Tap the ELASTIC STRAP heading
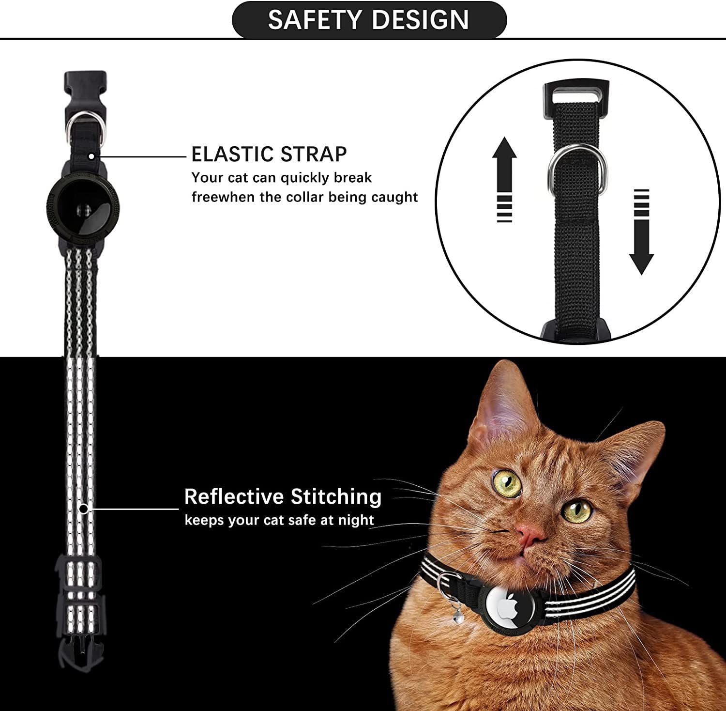(x=269, y=155)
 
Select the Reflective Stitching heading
(x=283, y=497)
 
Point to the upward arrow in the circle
(x=504, y=179)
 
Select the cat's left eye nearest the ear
(x=507, y=482)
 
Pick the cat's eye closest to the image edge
(x=577, y=510)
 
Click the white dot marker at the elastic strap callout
(x=91, y=156)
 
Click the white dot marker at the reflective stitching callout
(x=84, y=509)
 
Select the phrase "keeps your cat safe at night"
(x=279, y=520)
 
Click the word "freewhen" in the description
(x=223, y=197)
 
